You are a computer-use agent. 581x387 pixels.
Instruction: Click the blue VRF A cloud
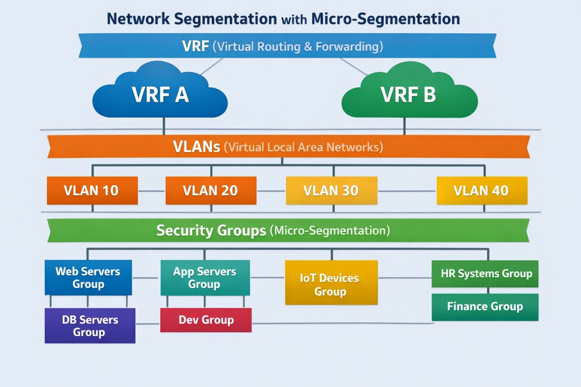160,94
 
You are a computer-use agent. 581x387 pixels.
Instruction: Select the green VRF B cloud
408,94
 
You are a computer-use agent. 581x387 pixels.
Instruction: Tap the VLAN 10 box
92,190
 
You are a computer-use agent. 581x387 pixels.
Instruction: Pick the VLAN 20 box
211,190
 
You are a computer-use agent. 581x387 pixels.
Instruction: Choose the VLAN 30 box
331,190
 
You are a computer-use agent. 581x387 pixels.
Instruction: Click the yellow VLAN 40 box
481,190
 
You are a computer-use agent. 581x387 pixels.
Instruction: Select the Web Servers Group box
88,277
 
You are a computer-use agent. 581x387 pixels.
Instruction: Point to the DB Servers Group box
90,325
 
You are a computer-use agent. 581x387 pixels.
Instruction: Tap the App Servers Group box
204,277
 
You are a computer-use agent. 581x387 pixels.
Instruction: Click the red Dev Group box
206,320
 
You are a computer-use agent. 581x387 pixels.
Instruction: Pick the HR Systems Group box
485,274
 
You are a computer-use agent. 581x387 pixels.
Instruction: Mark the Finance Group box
485,307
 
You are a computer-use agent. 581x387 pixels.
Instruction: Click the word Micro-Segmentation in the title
385,19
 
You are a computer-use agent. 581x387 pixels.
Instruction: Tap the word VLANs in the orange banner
196,147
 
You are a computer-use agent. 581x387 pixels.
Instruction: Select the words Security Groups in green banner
211,230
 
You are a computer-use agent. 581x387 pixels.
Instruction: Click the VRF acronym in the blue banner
196,46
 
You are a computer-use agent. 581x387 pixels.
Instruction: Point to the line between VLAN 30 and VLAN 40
407,191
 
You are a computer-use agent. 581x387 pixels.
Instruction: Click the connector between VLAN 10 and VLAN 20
151,191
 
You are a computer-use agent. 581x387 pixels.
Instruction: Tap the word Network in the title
138,19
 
